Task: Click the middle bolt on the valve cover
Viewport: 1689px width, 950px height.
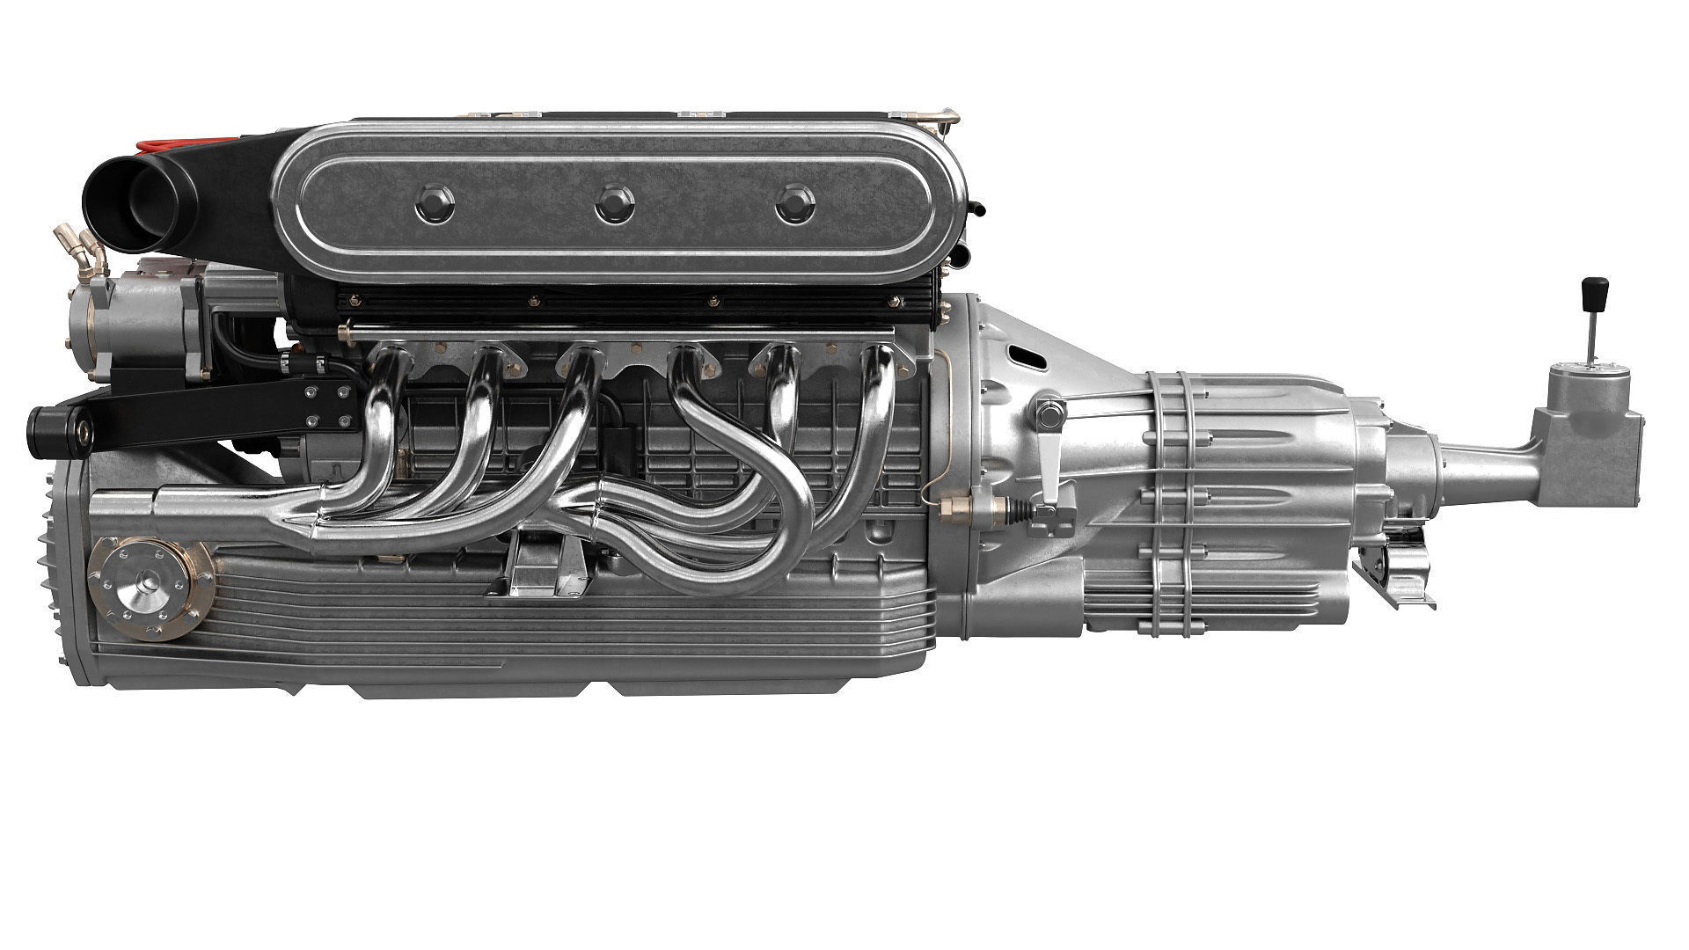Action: [x=613, y=205]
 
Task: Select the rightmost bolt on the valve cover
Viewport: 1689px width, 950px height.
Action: [x=795, y=203]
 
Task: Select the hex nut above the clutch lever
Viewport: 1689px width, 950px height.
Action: [x=1047, y=411]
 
